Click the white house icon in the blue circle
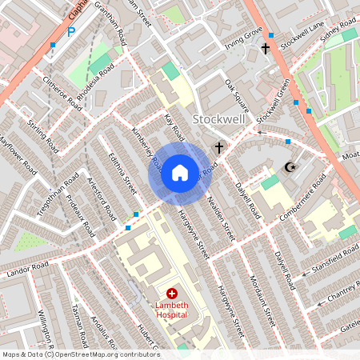[x=180, y=171]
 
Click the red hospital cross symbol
[x=171, y=294]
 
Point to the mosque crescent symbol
[x=290, y=167]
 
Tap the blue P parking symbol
[x=70, y=33]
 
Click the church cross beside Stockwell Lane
[x=266, y=49]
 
